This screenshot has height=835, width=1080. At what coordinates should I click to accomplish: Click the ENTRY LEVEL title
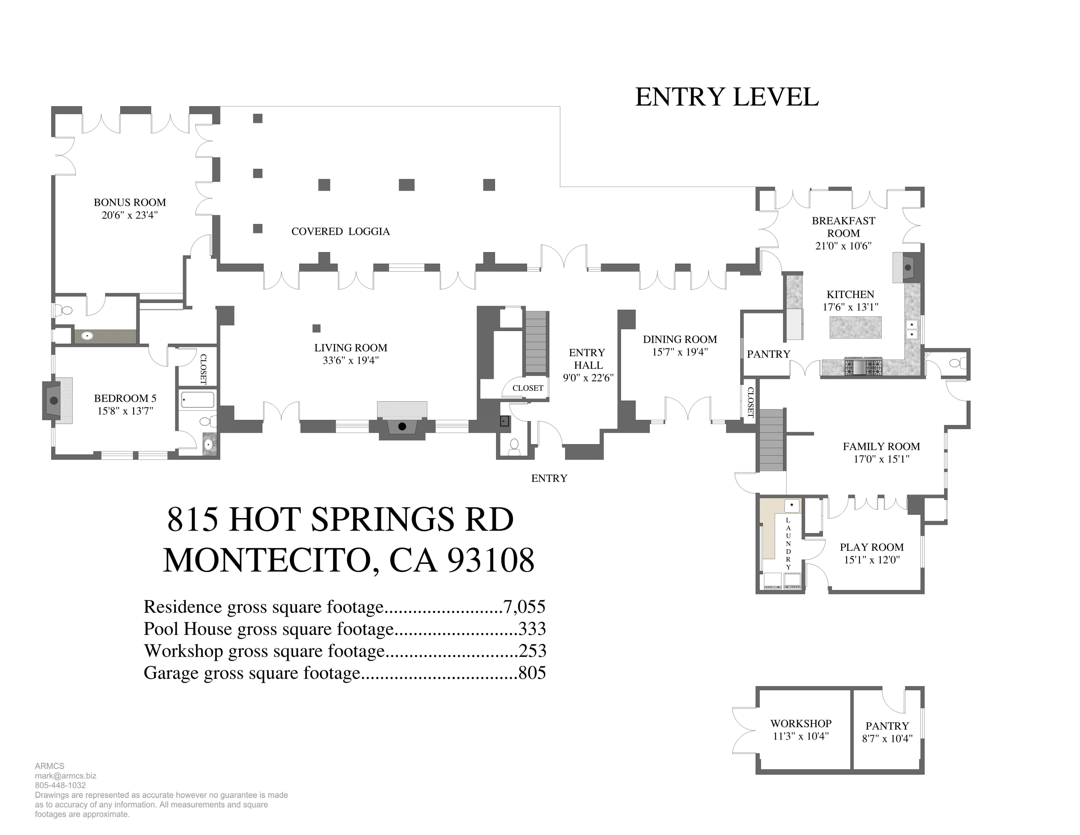[x=726, y=97]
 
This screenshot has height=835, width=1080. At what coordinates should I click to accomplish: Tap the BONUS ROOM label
[x=130, y=202]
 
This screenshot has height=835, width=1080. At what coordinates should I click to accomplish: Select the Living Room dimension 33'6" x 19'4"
[x=351, y=361]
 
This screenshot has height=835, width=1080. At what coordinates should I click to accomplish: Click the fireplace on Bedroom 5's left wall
[x=53, y=400]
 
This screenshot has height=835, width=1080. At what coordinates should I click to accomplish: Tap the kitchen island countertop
[x=855, y=327]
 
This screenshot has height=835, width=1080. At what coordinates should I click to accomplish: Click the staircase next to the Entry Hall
[x=536, y=342]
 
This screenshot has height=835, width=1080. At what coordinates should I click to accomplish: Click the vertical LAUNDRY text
[x=788, y=544]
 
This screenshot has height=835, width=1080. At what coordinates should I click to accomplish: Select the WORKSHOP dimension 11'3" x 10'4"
[x=801, y=736]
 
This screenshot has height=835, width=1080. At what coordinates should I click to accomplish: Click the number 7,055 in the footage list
[x=524, y=607]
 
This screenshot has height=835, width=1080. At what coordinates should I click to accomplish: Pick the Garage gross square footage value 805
[x=532, y=673]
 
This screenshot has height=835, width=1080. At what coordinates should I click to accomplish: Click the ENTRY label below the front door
[x=549, y=478]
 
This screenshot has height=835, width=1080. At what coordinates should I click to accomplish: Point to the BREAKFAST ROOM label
[x=843, y=227]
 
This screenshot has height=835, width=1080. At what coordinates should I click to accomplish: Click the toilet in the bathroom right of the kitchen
[x=954, y=363]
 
